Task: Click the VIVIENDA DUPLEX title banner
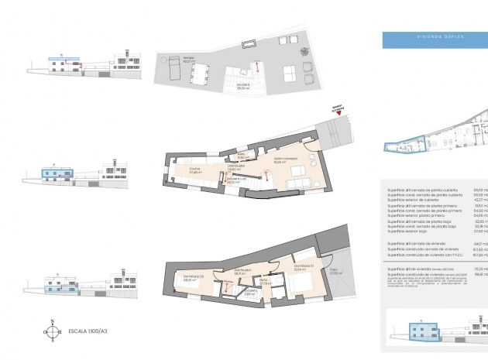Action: pyautogui.click(x=433, y=36)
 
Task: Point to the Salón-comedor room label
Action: pyautogui.click(x=280, y=161)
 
